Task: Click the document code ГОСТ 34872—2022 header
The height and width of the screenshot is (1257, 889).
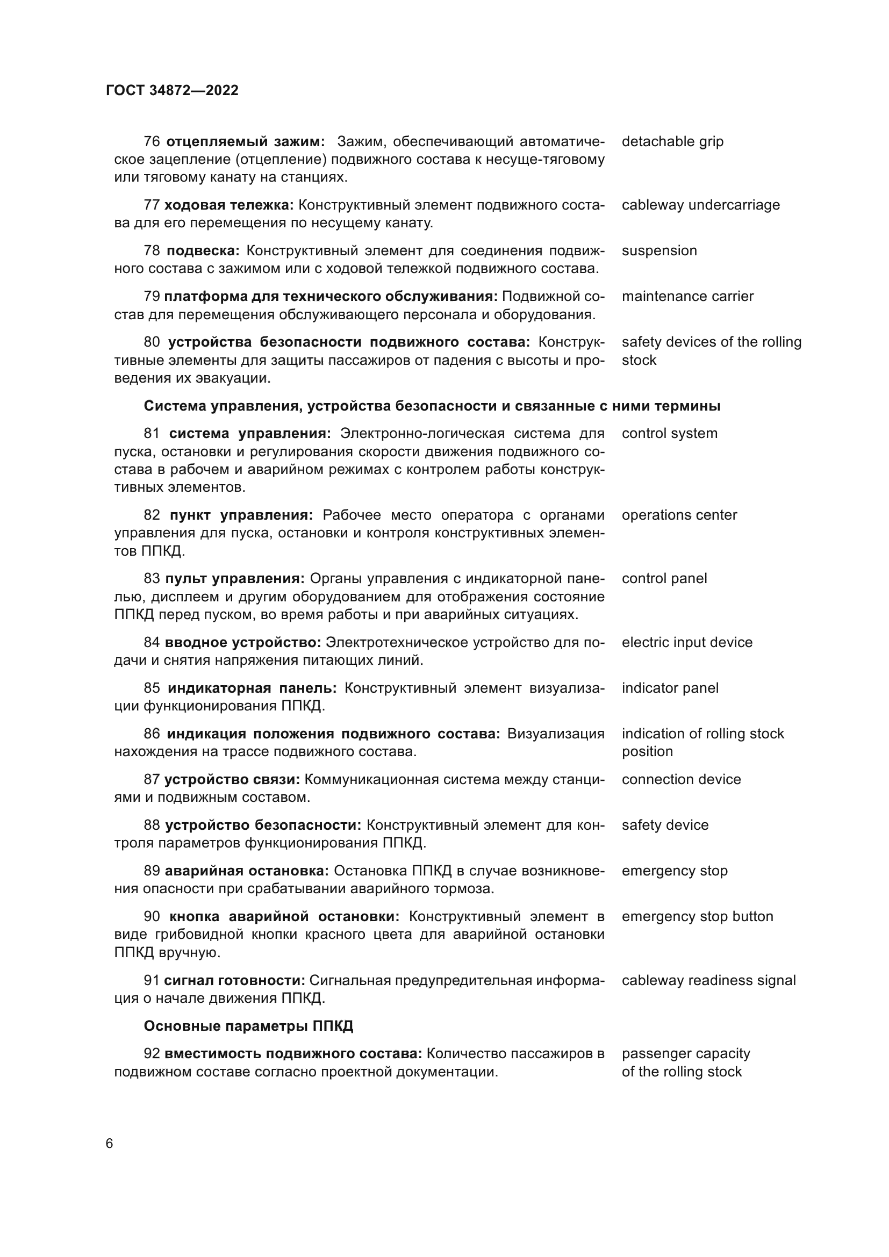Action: (172, 90)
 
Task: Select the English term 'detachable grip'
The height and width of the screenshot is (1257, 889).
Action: (672, 142)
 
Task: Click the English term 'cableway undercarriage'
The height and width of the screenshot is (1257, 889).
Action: (700, 205)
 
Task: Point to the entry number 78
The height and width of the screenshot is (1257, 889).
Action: (152, 251)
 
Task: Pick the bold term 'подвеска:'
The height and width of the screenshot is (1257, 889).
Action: (203, 251)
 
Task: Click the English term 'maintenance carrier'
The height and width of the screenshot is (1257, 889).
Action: (687, 296)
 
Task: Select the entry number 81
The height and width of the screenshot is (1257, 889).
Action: (152, 434)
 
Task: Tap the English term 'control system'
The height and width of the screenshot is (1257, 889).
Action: (669, 434)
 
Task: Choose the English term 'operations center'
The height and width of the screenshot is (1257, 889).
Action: (679, 515)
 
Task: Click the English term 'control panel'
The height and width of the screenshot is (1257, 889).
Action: (664, 579)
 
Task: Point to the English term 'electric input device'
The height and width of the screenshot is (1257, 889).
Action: (686, 642)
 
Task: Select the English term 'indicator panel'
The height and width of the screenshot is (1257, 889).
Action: (670, 688)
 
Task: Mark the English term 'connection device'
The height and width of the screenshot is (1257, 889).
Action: (681, 780)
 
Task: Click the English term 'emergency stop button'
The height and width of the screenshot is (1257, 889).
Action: (697, 916)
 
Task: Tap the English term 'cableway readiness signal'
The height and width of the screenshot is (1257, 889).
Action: (708, 980)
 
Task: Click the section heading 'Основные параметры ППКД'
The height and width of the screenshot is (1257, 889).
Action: (248, 1026)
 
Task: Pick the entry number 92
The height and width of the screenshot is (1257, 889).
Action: (152, 1054)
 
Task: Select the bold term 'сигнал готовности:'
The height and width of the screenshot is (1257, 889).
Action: (234, 980)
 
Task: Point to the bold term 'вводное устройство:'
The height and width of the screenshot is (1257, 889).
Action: (242, 642)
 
